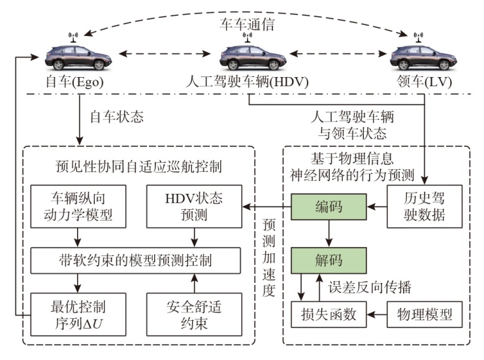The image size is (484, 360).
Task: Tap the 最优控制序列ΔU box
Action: (x=78, y=314)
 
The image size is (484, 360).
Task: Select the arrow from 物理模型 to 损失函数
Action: (x=372, y=315)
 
